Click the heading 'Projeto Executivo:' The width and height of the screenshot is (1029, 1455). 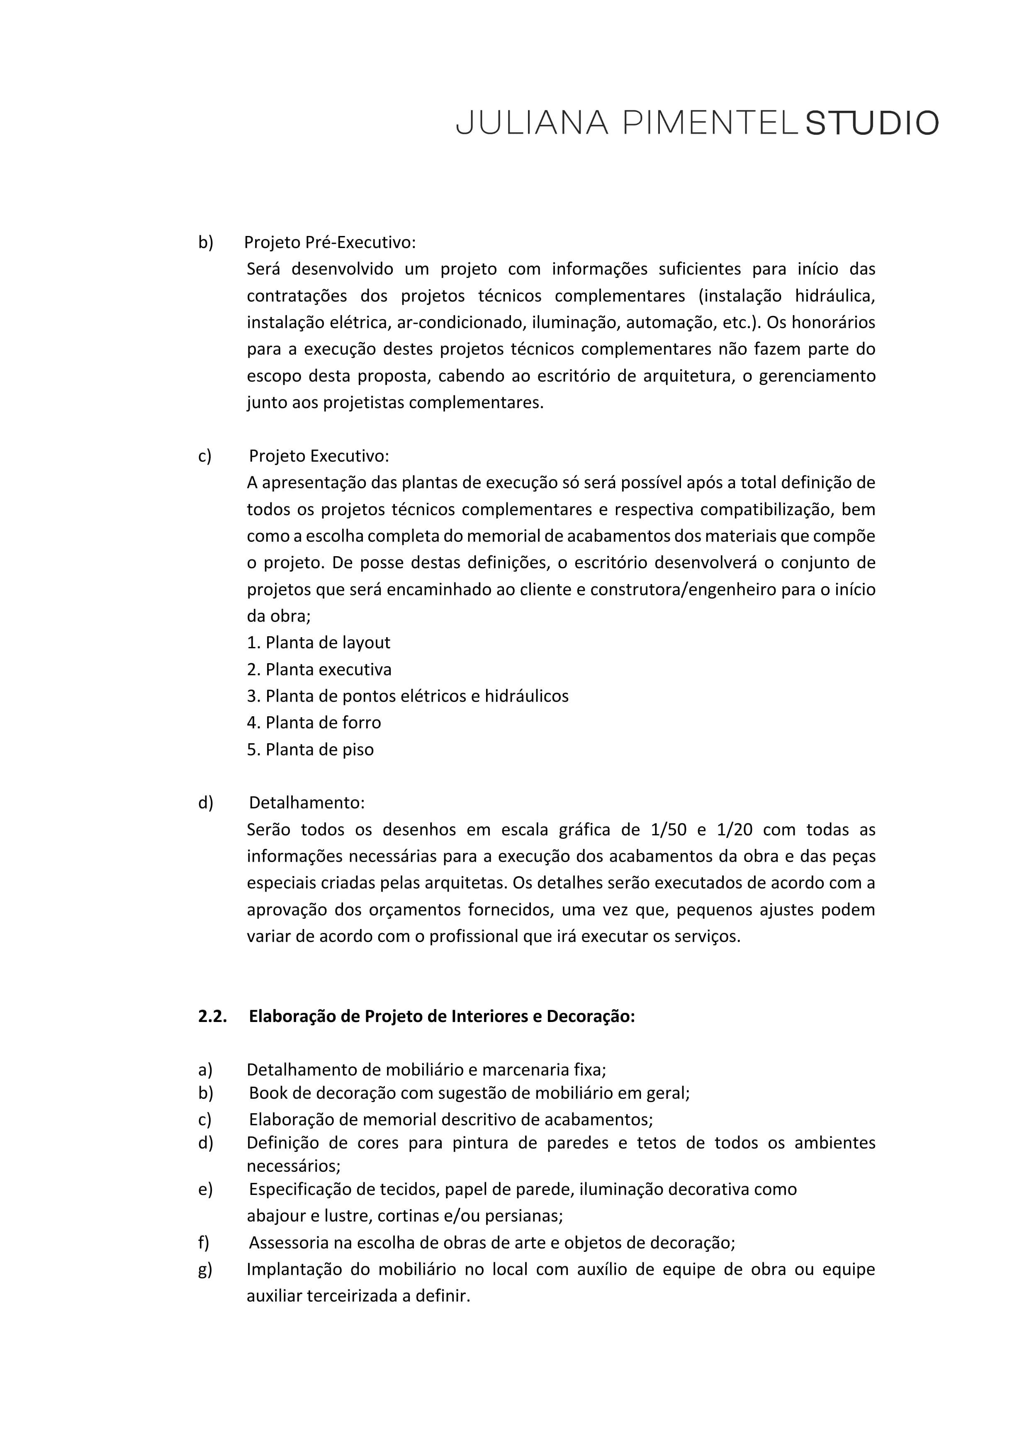[319, 456]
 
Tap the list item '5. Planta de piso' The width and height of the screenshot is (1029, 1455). [311, 749]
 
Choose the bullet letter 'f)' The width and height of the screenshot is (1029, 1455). [203, 1243]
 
